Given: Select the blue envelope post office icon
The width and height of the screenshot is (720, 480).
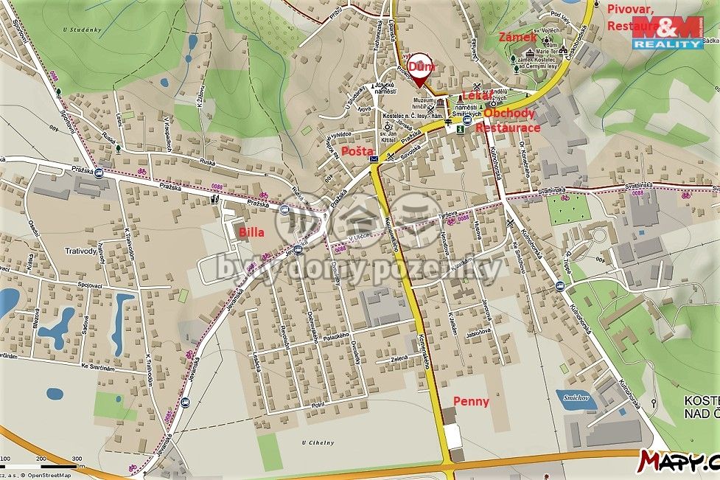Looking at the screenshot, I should coord(374,159).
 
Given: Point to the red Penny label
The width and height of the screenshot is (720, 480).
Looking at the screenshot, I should coord(470,401).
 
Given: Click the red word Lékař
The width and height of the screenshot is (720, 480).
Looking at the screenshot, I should coord(476,96).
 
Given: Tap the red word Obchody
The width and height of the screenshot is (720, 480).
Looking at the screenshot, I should coord(510,114).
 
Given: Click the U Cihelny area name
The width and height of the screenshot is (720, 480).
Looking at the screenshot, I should coord(318,442).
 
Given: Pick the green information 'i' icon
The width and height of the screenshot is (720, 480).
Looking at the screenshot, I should coord(461,128).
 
